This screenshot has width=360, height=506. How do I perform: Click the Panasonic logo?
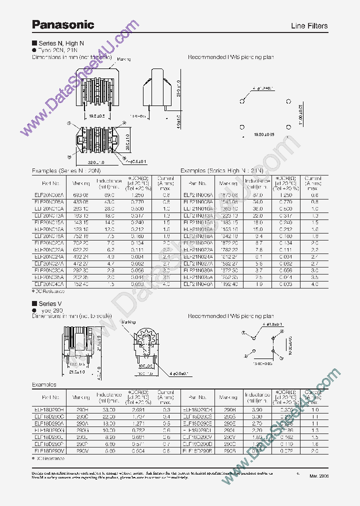point(63,24)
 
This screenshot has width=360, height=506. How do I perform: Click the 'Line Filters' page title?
point(309,26)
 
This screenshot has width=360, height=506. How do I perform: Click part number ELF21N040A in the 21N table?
point(198,283)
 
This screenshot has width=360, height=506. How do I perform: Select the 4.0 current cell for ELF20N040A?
point(166,283)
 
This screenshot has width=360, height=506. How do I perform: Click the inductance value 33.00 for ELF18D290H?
point(108,409)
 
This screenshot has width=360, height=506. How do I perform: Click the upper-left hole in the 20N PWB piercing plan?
point(241,100)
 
